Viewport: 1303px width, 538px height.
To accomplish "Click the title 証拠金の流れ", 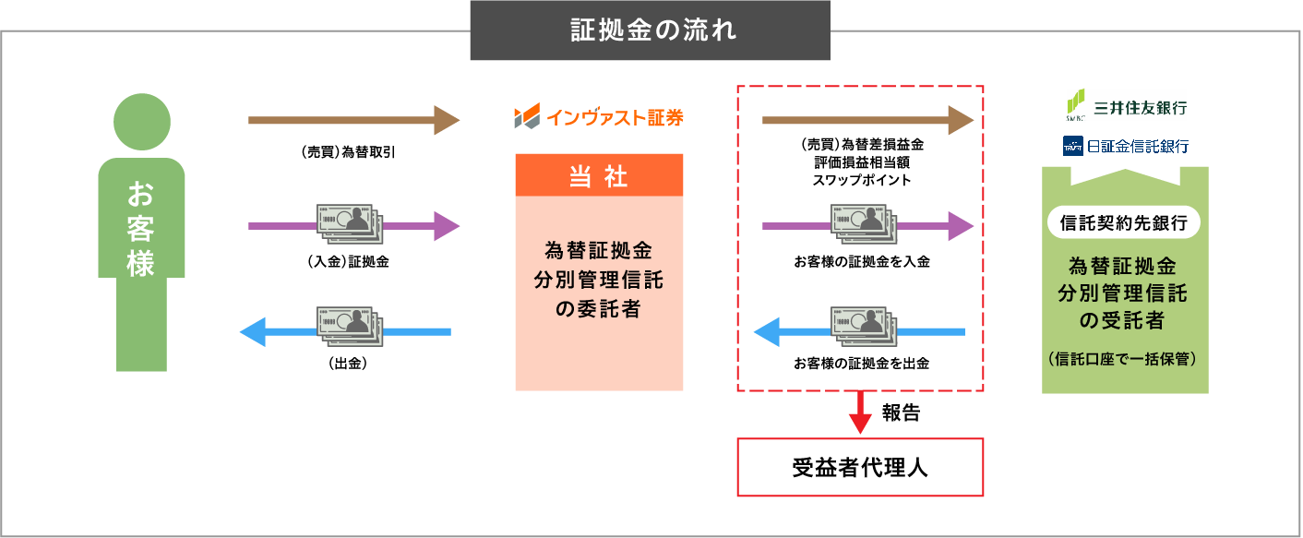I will click(650, 30).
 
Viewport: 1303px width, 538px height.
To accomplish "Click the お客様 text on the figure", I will click(141, 229).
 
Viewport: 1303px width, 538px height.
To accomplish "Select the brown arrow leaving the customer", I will click(353, 120).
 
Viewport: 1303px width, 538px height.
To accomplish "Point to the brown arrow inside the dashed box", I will click(867, 120).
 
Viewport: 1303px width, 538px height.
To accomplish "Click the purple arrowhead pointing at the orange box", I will click(447, 226).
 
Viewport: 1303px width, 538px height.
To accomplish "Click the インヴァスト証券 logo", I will click(599, 117).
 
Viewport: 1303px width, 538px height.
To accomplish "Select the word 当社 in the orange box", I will click(599, 177).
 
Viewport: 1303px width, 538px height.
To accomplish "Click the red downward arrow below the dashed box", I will click(860, 415).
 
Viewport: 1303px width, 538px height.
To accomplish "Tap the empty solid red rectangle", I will click(860, 467).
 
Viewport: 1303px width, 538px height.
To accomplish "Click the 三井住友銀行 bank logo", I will click(1126, 106).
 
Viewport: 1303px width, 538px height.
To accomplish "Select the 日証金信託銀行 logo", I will click(1126, 146).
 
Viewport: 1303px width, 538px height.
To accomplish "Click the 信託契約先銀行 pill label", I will click(1124, 222).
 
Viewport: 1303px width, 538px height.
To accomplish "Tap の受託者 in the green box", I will click(1124, 321).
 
